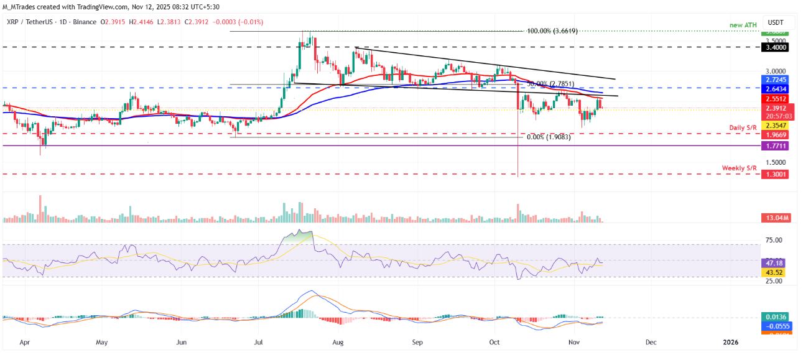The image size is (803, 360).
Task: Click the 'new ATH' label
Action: tap(744, 24)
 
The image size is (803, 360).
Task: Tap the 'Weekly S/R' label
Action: tap(740, 168)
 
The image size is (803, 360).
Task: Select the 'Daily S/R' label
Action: tap(743, 127)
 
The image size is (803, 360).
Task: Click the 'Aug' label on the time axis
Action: tap(338, 342)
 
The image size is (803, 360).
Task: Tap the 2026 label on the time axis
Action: tap(731, 342)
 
